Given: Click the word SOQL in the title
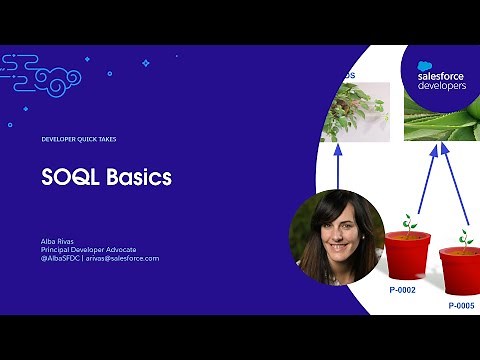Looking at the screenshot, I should click(x=67, y=177).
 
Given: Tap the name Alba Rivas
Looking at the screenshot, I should click(x=57, y=240).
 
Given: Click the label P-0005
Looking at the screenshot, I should click(x=463, y=303).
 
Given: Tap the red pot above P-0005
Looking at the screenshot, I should click(x=462, y=270).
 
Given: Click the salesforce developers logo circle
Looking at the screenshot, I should click(x=441, y=76).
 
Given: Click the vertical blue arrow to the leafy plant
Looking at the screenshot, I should click(x=339, y=165).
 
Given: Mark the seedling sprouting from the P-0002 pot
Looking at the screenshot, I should click(x=408, y=222).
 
